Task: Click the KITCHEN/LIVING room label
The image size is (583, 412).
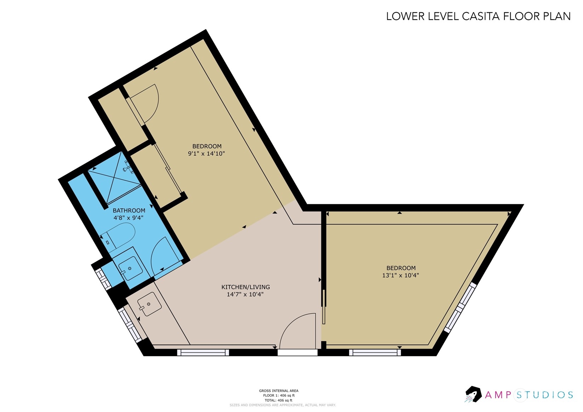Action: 245,287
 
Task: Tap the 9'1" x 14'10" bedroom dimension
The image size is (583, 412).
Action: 206,154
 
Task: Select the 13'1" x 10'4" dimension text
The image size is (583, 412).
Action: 400,275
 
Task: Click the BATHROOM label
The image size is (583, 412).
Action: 129,211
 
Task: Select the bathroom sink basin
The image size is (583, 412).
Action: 130,268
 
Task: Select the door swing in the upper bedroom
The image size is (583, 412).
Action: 145,103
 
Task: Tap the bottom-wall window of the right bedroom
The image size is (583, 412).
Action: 375,353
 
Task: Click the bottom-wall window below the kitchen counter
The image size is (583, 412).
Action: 203,353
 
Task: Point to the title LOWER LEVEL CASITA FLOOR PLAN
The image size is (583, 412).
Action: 478,16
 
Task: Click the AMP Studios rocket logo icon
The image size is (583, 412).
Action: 473,394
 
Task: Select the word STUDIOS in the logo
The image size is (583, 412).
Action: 545,395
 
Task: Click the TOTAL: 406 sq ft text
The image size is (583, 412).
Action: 278,400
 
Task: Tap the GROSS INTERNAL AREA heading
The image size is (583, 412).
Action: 278,391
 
